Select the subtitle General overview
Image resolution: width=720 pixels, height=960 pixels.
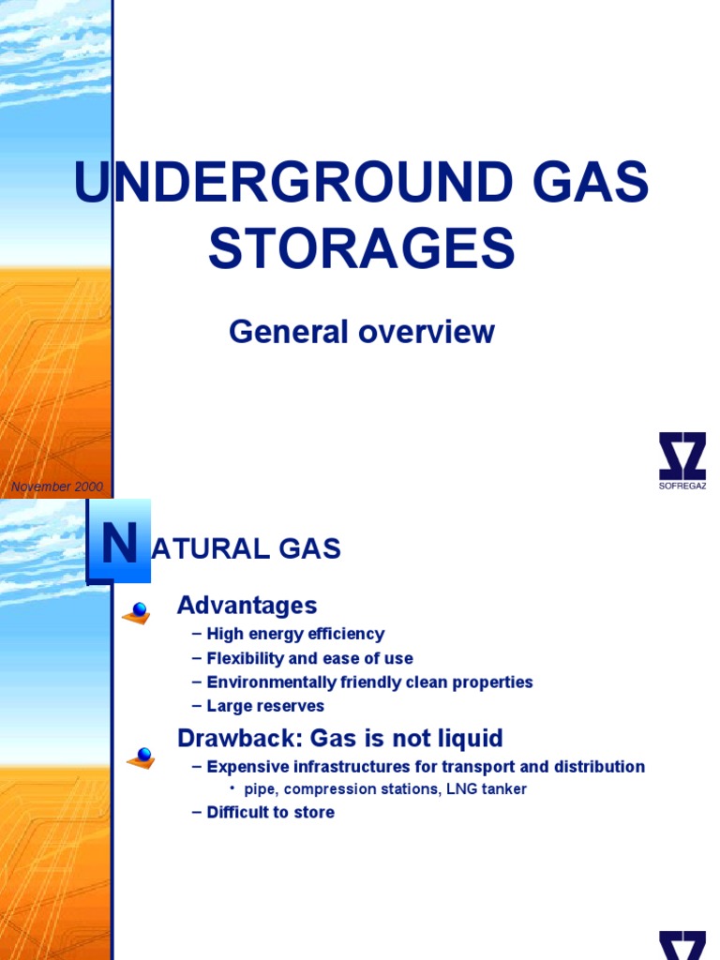coord(361,332)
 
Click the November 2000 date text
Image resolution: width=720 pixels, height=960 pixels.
coord(56,487)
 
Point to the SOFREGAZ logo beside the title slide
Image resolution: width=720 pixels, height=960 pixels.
coord(682,460)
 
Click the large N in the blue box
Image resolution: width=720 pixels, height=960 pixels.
coord(119,546)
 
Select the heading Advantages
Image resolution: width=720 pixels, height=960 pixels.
coord(247,606)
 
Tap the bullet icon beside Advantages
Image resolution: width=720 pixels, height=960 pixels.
coord(138,612)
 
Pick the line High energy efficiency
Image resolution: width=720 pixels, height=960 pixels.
coord(294,635)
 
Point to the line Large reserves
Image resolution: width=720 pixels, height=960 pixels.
coord(264,706)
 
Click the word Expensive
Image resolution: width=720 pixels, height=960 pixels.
coord(247,767)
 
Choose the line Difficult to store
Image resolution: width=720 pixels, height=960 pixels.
coord(270,812)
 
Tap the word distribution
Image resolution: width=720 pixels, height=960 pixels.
coord(599,767)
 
